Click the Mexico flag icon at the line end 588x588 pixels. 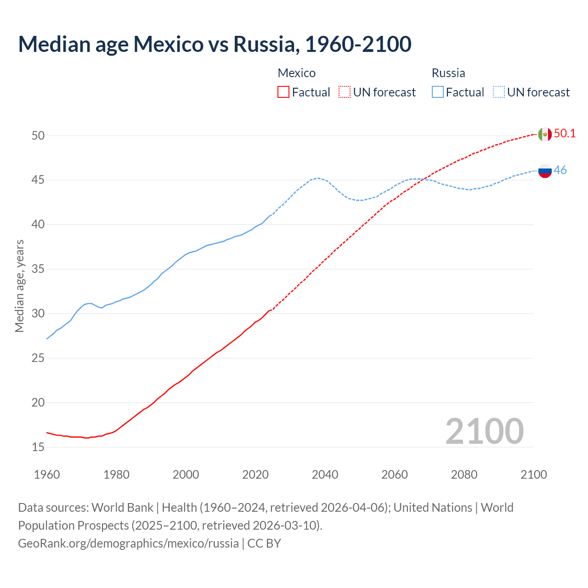click(x=544, y=134)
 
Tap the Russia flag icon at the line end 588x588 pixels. click(x=544, y=170)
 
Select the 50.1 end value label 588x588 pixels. click(x=565, y=134)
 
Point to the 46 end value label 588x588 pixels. click(x=560, y=170)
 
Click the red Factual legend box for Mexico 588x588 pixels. click(x=283, y=92)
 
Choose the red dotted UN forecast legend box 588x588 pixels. click(x=345, y=92)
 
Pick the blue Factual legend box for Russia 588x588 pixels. click(x=438, y=92)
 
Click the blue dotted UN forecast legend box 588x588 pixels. click(x=498, y=92)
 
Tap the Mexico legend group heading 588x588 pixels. click(x=297, y=73)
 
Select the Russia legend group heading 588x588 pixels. click(x=448, y=73)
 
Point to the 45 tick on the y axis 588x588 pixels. click(x=38, y=180)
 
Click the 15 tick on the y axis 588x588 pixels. click(x=38, y=447)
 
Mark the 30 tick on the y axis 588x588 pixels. click(x=38, y=314)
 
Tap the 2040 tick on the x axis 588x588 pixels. click(x=325, y=475)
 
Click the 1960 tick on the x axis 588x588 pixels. click(x=47, y=475)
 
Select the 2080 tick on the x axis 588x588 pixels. click(x=464, y=475)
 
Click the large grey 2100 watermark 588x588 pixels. click(x=484, y=431)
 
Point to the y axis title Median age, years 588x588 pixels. click(x=19, y=286)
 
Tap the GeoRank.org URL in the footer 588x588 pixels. click(x=128, y=543)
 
